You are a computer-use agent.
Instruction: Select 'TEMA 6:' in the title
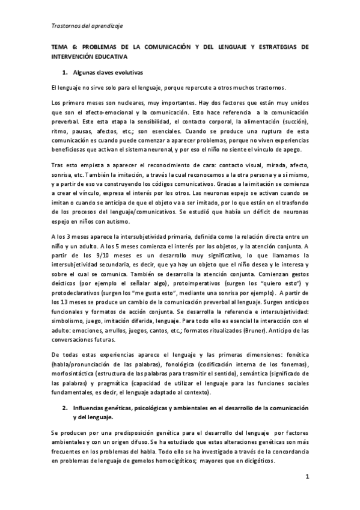point(63,47)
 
